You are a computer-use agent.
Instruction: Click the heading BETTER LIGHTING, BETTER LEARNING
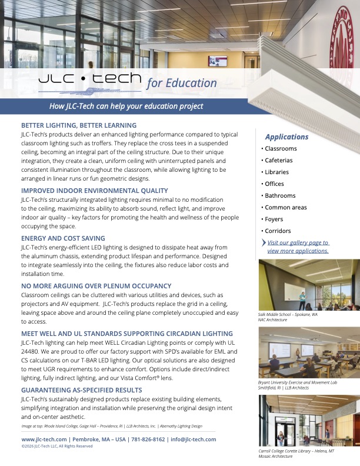[x=79, y=125]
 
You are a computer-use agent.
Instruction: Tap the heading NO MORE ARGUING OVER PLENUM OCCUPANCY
[x=96, y=286]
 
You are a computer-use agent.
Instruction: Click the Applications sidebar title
[x=286, y=137]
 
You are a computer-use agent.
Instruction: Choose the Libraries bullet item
[x=276, y=172]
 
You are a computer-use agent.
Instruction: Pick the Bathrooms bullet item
[x=280, y=195]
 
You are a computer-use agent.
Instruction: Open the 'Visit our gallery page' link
[x=298, y=247]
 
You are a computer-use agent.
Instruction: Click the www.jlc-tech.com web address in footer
[x=44, y=440]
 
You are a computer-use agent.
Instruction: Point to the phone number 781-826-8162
[x=143, y=440]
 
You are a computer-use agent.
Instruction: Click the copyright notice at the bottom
[x=57, y=446]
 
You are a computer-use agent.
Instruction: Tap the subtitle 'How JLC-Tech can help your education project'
[x=126, y=106]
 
